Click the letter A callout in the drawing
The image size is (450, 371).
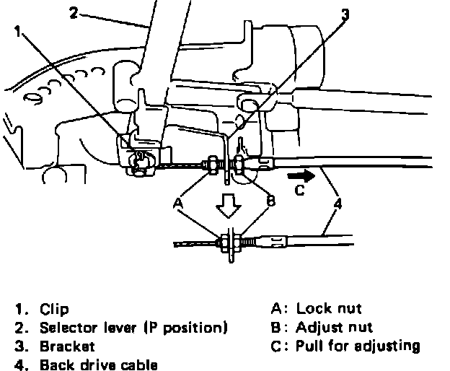coord(177,204)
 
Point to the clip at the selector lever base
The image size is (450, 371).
coord(138,156)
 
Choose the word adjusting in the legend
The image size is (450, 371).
coord(388,346)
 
